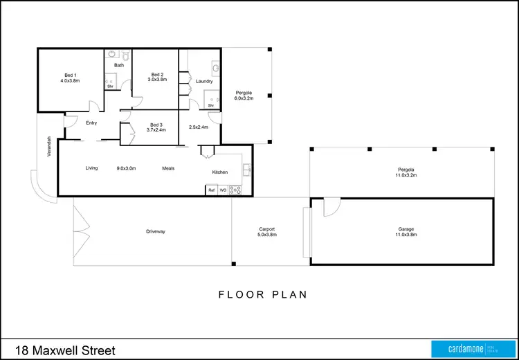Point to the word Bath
119,66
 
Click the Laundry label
204,82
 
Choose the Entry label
91,123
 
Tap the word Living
92,168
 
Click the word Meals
168,168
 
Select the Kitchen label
219,172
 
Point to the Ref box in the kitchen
212,190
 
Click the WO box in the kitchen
223,190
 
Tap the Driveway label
156,231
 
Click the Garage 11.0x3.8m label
406,232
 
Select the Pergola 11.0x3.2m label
406,172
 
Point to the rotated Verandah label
49,146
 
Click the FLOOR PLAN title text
263,294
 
